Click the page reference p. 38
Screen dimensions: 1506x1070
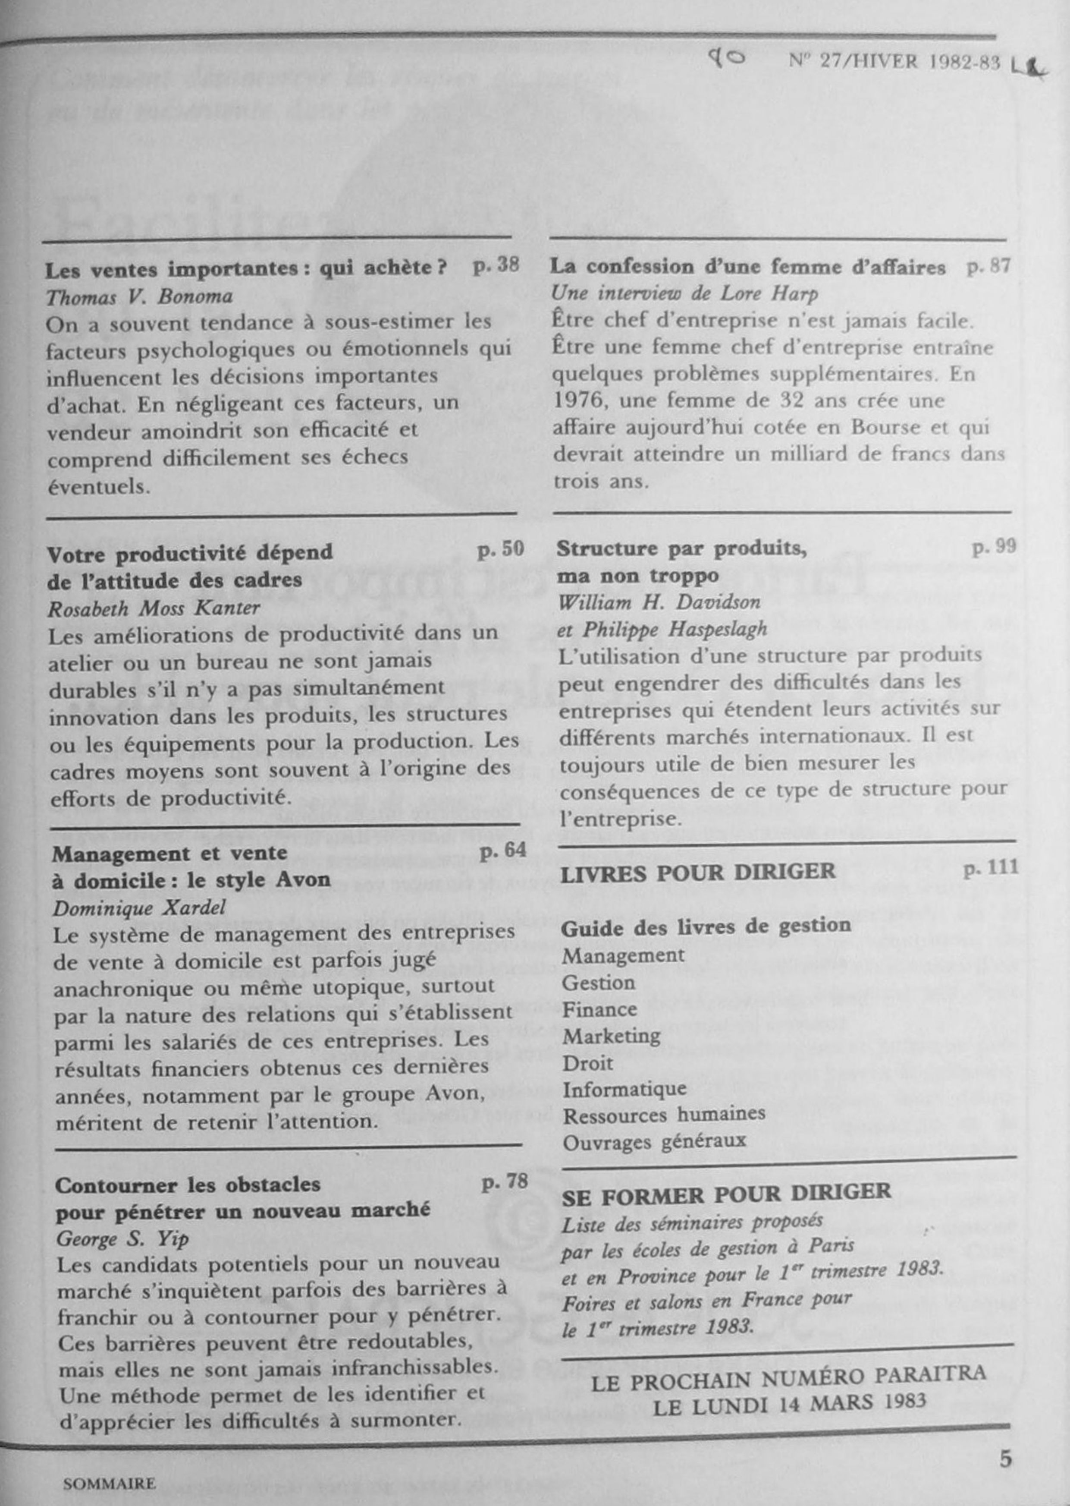496,266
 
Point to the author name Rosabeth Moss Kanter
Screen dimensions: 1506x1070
154,608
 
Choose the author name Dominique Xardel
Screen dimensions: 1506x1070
139,908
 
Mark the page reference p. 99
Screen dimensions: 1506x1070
994,546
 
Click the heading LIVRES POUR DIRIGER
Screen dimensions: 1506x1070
697,872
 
